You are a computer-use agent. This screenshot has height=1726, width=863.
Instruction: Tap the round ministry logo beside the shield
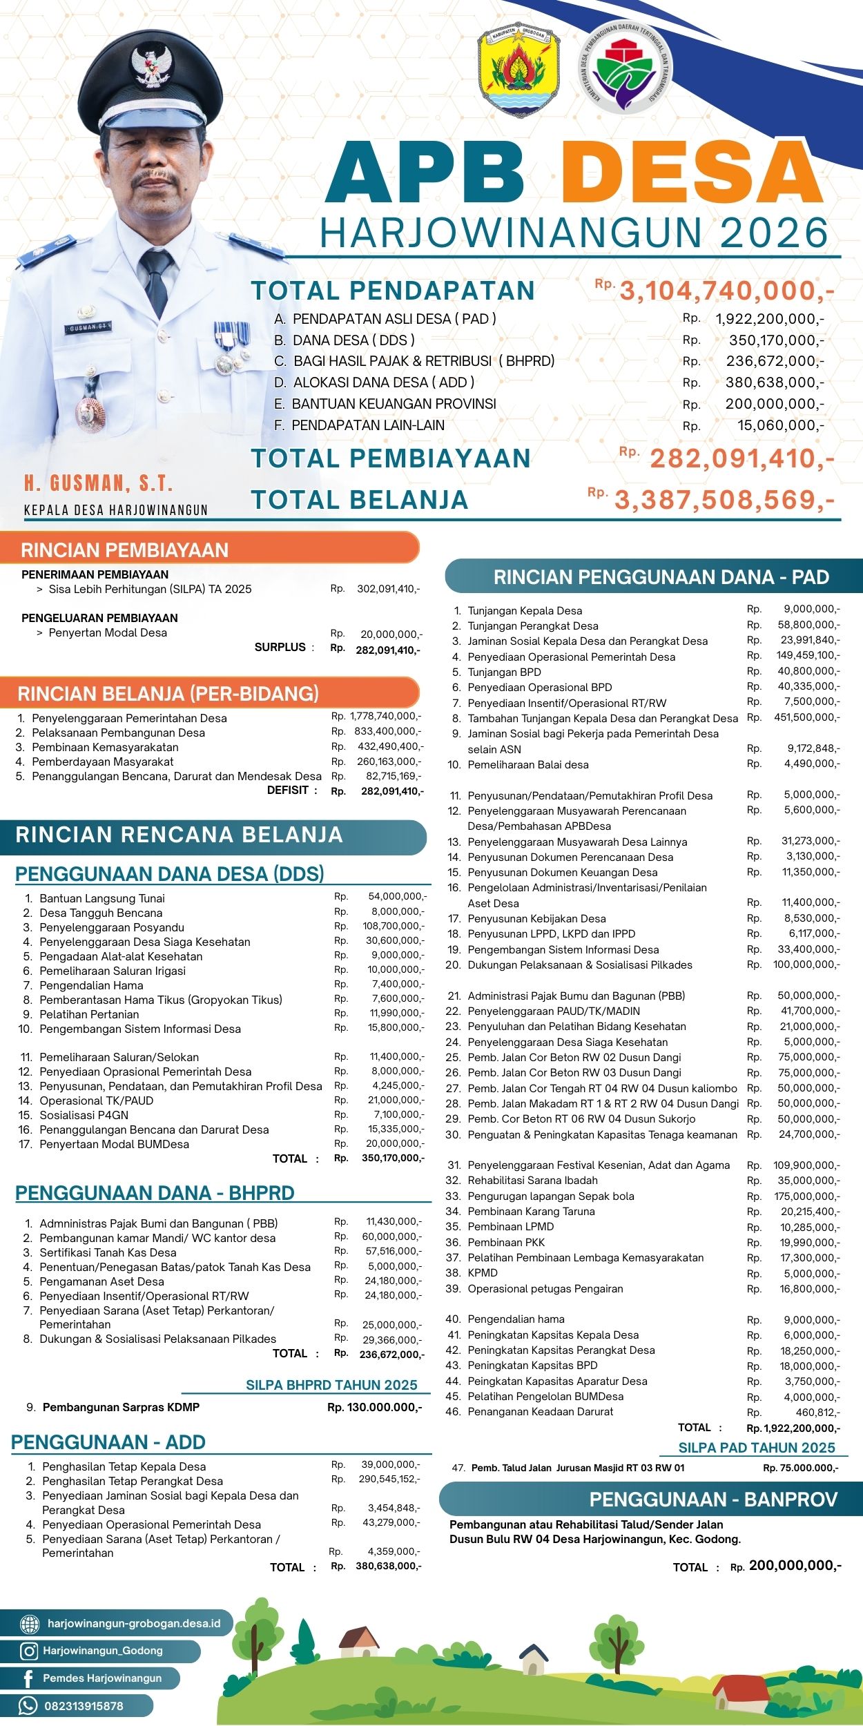(625, 68)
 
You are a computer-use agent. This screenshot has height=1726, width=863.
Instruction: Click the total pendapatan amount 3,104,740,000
(726, 291)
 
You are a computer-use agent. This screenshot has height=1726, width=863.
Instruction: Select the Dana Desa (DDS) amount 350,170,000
(776, 340)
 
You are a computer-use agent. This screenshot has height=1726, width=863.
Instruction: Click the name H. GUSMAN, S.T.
(99, 483)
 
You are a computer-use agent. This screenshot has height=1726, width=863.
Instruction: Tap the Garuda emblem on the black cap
(151, 66)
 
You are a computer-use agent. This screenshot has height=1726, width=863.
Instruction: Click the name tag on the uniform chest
(88, 327)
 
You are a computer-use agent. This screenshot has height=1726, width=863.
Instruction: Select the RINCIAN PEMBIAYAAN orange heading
(125, 550)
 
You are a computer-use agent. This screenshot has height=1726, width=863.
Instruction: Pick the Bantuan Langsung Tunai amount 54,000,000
(397, 897)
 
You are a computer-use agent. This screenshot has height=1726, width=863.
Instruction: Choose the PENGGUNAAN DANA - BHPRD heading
(155, 1193)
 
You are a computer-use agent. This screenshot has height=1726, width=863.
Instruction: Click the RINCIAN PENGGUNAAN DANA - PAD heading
(661, 577)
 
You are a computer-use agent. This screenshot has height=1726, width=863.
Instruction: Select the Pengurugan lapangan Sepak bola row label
(550, 1196)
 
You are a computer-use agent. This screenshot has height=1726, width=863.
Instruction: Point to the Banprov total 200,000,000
(795, 1566)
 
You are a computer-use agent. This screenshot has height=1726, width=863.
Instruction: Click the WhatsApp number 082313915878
(84, 1706)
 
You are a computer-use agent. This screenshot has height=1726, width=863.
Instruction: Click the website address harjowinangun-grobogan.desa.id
(134, 1623)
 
